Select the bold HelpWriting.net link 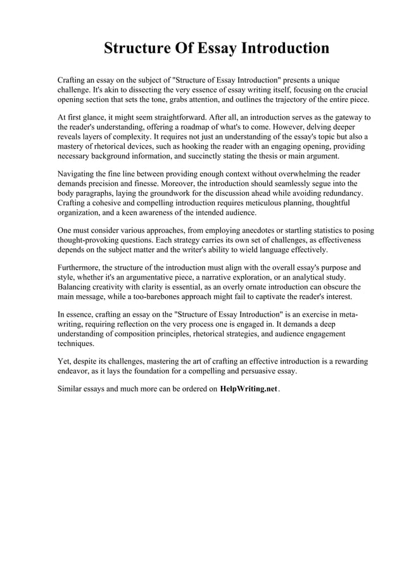click(249, 389)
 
